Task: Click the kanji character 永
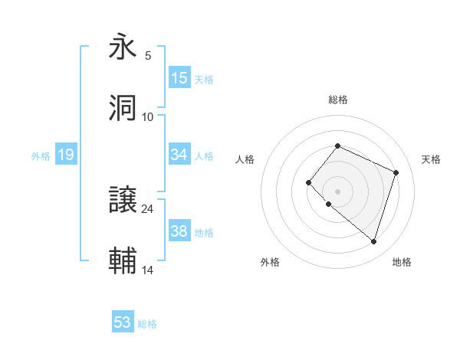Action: click(x=123, y=47)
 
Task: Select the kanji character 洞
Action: click(x=123, y=108)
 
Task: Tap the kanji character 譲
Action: click(x=123, y=201)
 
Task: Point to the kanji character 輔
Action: click(x=123, y=261)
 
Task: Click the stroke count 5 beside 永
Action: click(x=148, y=56)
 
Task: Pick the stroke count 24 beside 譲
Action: click(x=148, y=208)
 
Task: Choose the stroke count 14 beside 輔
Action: click(x=148, y=270)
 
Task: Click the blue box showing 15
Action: click(x=179, y=78)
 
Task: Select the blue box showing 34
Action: click(x=179, y=155)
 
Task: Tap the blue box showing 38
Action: click(x=179, y=231)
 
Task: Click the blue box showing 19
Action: click(x=66, y=155)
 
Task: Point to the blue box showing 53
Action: click(x=123, y=322)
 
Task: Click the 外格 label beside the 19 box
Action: click(x=41, y=155)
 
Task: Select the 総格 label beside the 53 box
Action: click(x=147, y=324)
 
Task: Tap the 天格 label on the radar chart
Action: click(x=431, y=159)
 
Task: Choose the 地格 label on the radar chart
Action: click(x=402, y=262)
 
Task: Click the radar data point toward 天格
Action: click(x=396, y=172)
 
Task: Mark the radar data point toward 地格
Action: click(x=373, y=241)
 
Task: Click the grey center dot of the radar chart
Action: click(x=337, y=191)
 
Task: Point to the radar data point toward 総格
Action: click(x=337, y=146)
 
